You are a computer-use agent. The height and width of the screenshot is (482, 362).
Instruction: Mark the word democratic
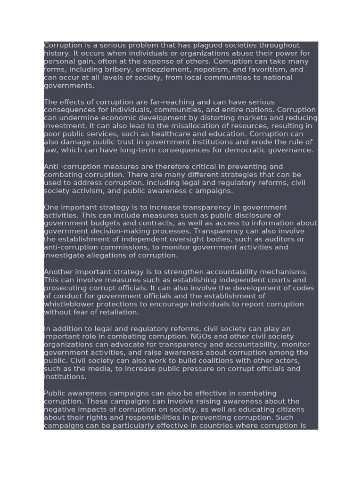pyautogui.click(x=247, y=150)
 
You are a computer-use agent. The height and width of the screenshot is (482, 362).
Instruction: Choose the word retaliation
pyautogui.click(x=120, y=313)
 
